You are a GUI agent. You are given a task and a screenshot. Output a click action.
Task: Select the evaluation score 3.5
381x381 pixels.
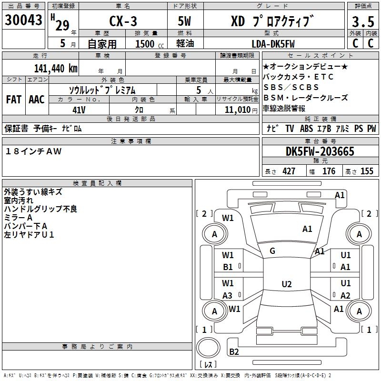pos(362,22)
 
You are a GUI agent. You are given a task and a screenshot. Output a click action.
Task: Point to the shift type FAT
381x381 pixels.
pos(13,100)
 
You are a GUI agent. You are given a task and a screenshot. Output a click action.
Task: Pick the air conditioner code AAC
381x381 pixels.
pos(36,100)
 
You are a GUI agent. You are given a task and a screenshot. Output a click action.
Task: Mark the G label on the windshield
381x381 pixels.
pos(272,251)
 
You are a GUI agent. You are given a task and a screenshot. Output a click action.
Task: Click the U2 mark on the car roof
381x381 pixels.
pos(286,284)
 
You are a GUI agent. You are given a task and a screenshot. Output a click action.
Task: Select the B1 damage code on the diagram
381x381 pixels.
pos(228,267)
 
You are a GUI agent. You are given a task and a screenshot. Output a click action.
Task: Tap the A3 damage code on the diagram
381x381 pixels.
pos(228,295)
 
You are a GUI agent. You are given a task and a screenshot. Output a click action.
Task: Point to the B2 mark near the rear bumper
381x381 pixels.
pos(234,351)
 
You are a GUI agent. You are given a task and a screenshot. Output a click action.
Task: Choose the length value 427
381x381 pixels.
pos(289,171)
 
